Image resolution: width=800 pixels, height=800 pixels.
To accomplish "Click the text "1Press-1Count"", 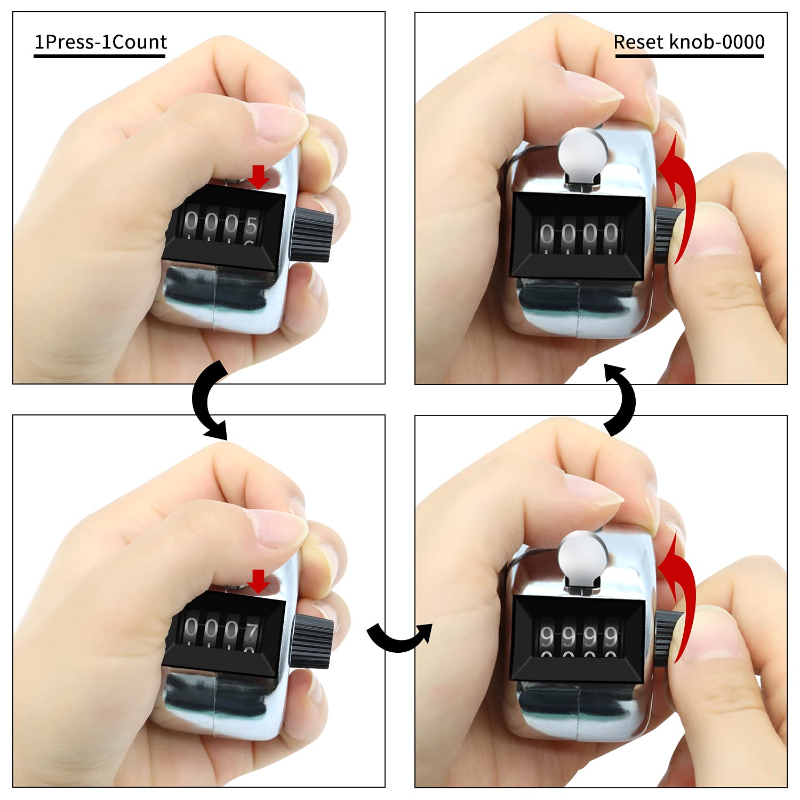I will coord(100,42).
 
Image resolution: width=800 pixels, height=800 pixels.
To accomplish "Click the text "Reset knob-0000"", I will coord(689,42).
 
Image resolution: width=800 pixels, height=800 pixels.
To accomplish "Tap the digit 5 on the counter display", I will coord(251,226).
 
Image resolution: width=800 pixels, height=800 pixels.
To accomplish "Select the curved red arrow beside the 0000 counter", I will coord(680,200).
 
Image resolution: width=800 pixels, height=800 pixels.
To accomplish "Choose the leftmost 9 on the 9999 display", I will coord(547,637).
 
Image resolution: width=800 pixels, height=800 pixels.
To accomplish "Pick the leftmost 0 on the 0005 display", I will coord(190,221).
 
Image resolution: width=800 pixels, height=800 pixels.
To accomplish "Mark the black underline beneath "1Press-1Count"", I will coord(100,55).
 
